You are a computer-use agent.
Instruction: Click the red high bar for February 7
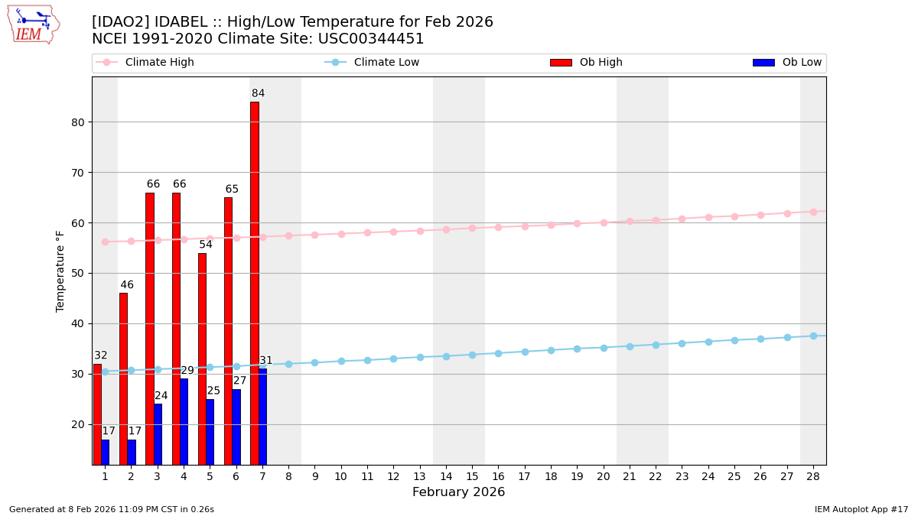254,283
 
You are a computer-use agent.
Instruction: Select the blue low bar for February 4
184,421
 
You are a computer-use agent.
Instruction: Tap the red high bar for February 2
123,378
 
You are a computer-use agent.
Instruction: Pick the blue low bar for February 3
158,433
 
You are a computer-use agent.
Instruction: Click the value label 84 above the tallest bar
258,94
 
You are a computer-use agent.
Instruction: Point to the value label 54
206,245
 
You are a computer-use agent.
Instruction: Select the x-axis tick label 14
446,476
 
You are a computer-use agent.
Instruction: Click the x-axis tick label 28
813,476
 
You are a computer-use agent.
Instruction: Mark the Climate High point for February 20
604,222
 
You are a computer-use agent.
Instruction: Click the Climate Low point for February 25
734,340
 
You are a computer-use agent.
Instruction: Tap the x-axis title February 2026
458,492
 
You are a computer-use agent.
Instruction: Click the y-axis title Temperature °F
61,271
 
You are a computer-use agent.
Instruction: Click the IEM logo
34,24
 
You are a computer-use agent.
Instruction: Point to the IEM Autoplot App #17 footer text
861,509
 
